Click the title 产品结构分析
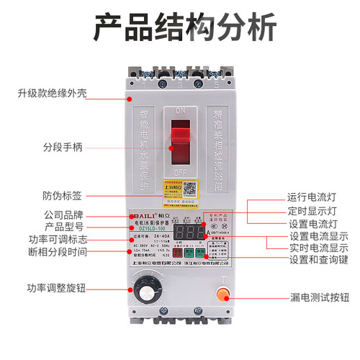pyautogui.click(x=179, y=27)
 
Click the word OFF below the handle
pyautogui.click(x=181, y=173)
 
